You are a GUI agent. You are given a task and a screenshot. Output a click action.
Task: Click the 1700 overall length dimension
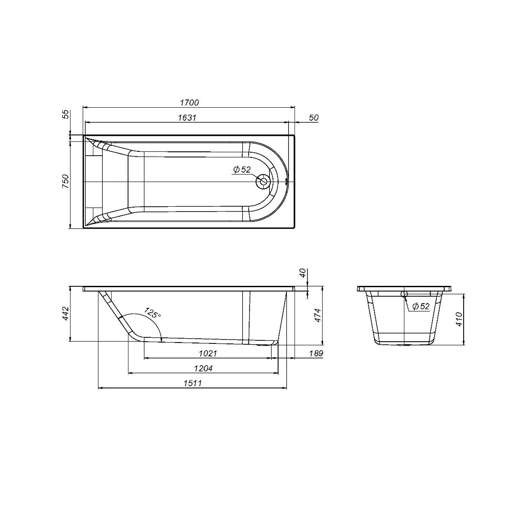[189, 103]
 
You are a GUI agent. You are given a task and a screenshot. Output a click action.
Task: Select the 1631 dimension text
[187, 118]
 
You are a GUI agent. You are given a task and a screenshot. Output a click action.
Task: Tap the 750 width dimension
[65, 181]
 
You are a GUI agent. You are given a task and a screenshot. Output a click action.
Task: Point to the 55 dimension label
[66, 114]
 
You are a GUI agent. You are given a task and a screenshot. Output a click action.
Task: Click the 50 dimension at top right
[313, 118]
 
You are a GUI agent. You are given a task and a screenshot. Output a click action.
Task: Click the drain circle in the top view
[263, 181]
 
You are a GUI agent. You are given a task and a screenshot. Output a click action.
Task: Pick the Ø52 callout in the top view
[242, 170]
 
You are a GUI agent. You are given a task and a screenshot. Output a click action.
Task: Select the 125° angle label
[152, 313]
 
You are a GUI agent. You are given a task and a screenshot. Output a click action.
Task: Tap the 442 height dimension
[65, 313]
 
